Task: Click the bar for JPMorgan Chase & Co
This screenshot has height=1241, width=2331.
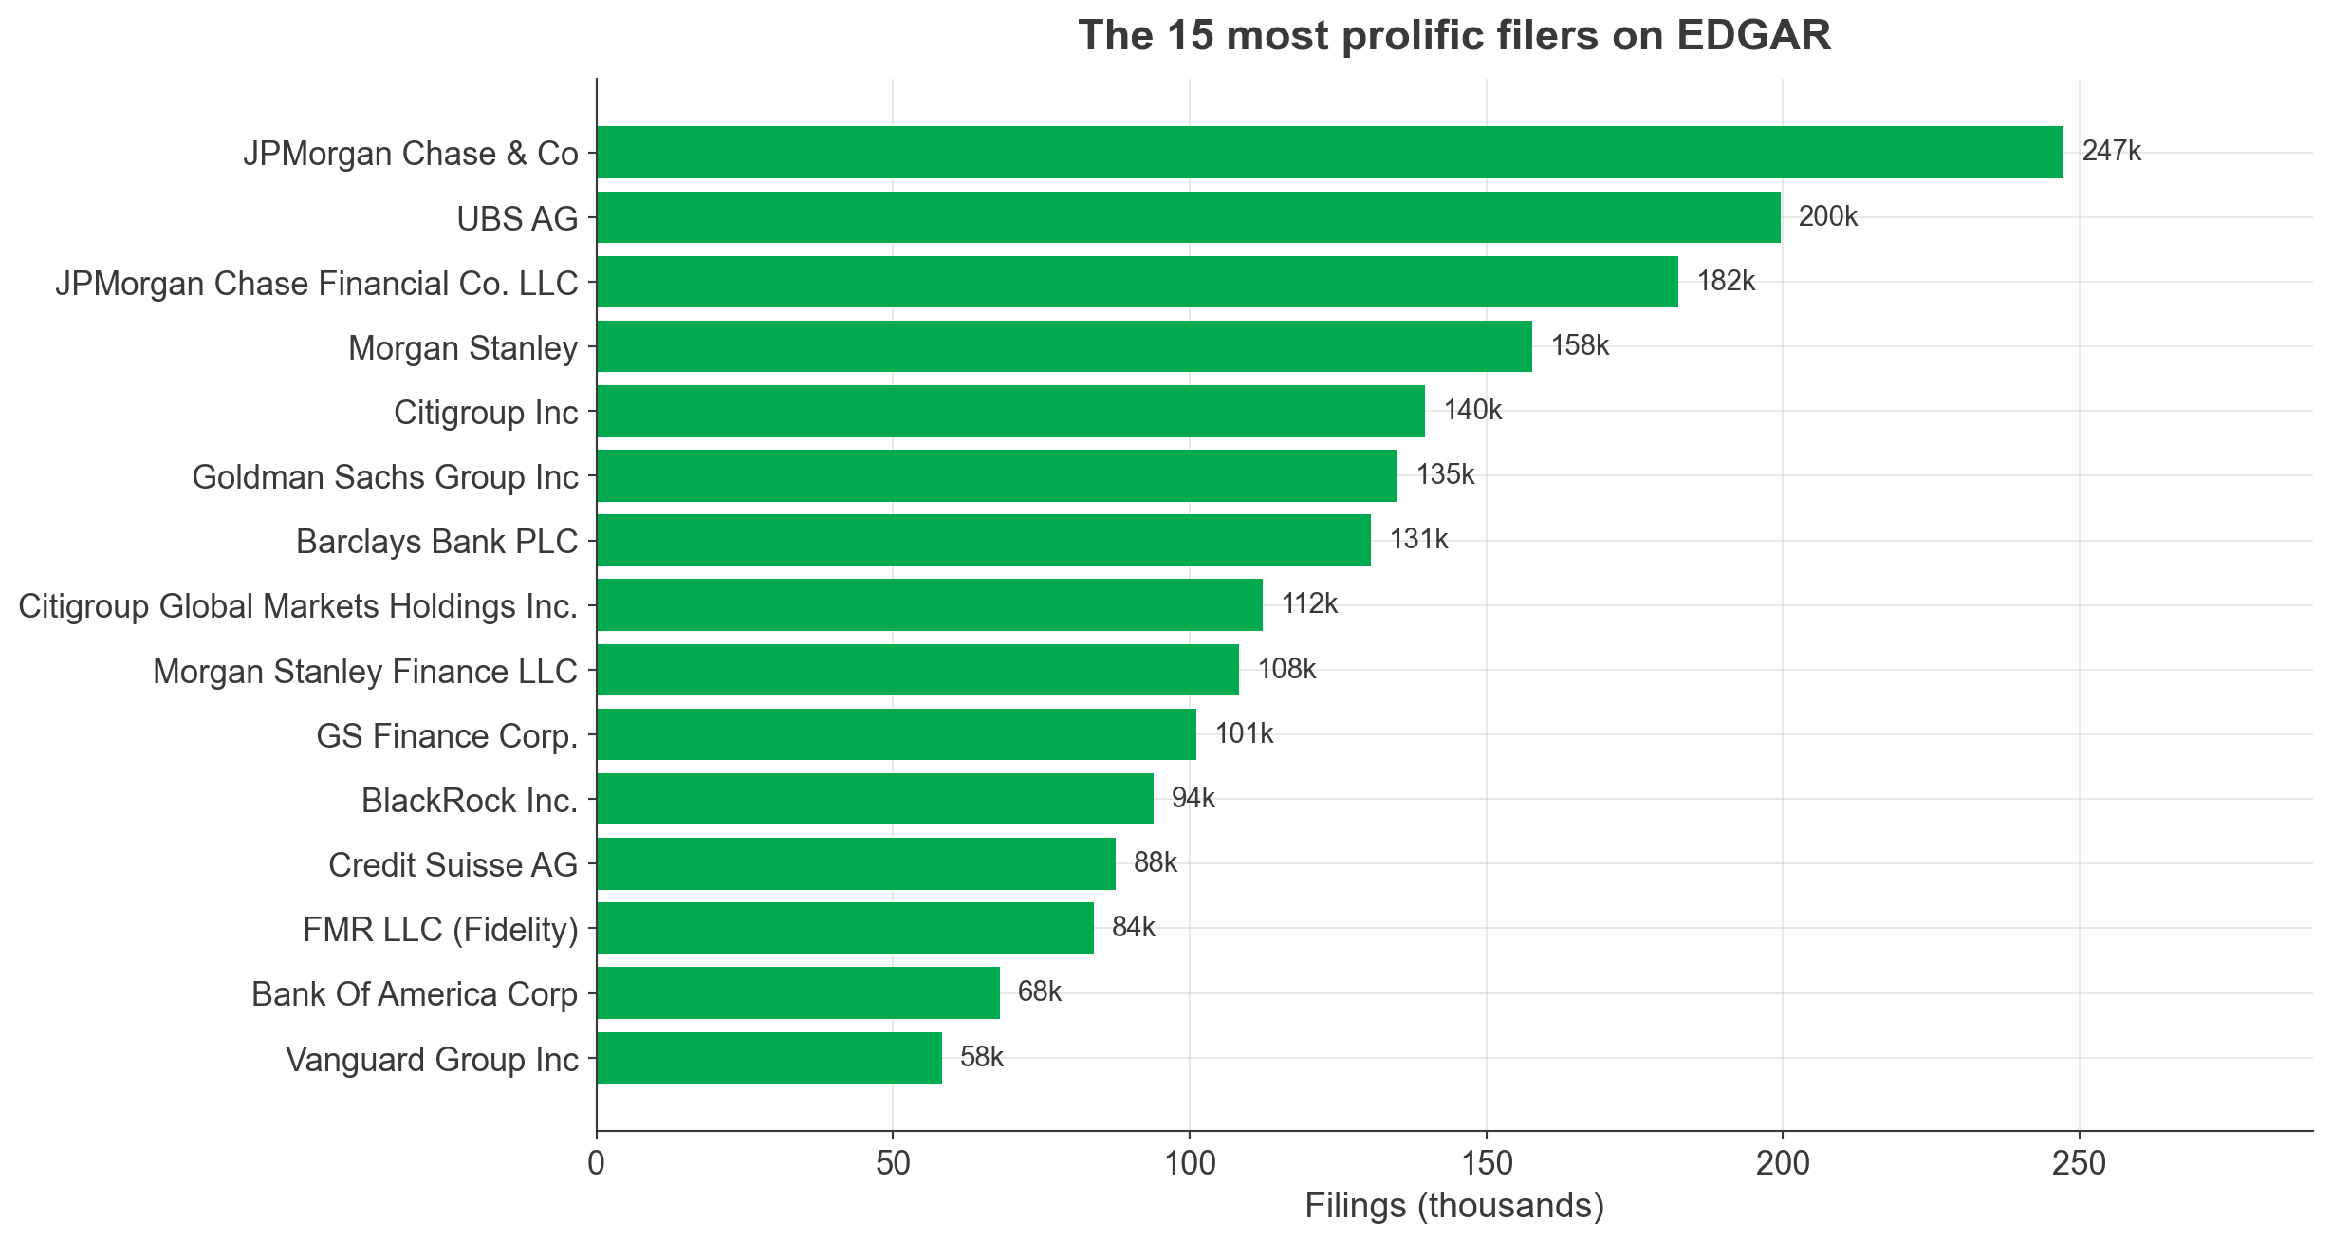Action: tap(1328, 152)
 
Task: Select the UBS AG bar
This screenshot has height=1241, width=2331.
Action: tap(1188, 217)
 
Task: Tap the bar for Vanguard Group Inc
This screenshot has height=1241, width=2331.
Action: tap(768, 1058)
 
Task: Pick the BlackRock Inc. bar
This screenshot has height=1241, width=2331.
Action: tap(875, 799)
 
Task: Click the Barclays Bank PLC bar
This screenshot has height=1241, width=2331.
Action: tap(983, 541)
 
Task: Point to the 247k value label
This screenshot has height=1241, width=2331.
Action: tap(2111, 152)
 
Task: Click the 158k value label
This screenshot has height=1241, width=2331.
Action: tap(1580, 345)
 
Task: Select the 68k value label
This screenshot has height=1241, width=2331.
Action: tap(1039, 992)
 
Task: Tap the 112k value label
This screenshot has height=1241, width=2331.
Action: tap(1309, 604)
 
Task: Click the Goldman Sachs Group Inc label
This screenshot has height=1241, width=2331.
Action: tap(384, 476)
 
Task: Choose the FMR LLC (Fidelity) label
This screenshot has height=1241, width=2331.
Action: tap(440, 929)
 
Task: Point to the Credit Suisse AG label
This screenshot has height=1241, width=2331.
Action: tap(453, 864)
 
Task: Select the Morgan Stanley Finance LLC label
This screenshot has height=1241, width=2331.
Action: tap(365, 671)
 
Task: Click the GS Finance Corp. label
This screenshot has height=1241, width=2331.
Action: tap(447, 735)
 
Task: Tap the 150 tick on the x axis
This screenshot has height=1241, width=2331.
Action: tap(1486, 1163)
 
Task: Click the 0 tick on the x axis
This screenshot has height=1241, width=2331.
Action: tap(596, 1163)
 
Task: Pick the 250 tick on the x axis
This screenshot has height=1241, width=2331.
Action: tap(2079, 1163)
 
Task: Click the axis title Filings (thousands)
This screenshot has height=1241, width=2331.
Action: tap(1454, 1206)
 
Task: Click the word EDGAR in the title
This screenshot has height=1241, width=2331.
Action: tap(1753, 36)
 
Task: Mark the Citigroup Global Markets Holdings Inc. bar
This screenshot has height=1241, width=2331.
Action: tap(929, 605)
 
